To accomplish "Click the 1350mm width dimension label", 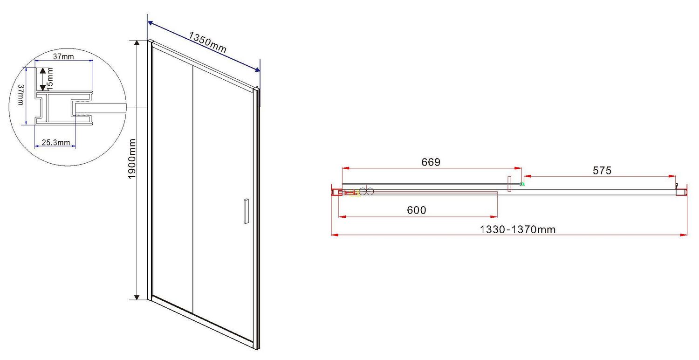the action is coord(207,42).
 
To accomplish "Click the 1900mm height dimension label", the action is coord(132,159).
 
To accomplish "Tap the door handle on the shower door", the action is coord(246,211).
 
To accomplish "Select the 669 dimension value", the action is coord(431,162).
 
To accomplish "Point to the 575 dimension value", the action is coord(602,171).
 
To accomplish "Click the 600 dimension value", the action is coord(416,210).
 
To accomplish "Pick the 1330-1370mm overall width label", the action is coord(517,229).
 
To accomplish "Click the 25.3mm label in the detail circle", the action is coord(56,142).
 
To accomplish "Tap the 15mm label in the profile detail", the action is coord(50,79).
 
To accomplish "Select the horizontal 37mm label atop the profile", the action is coord(63,56).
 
